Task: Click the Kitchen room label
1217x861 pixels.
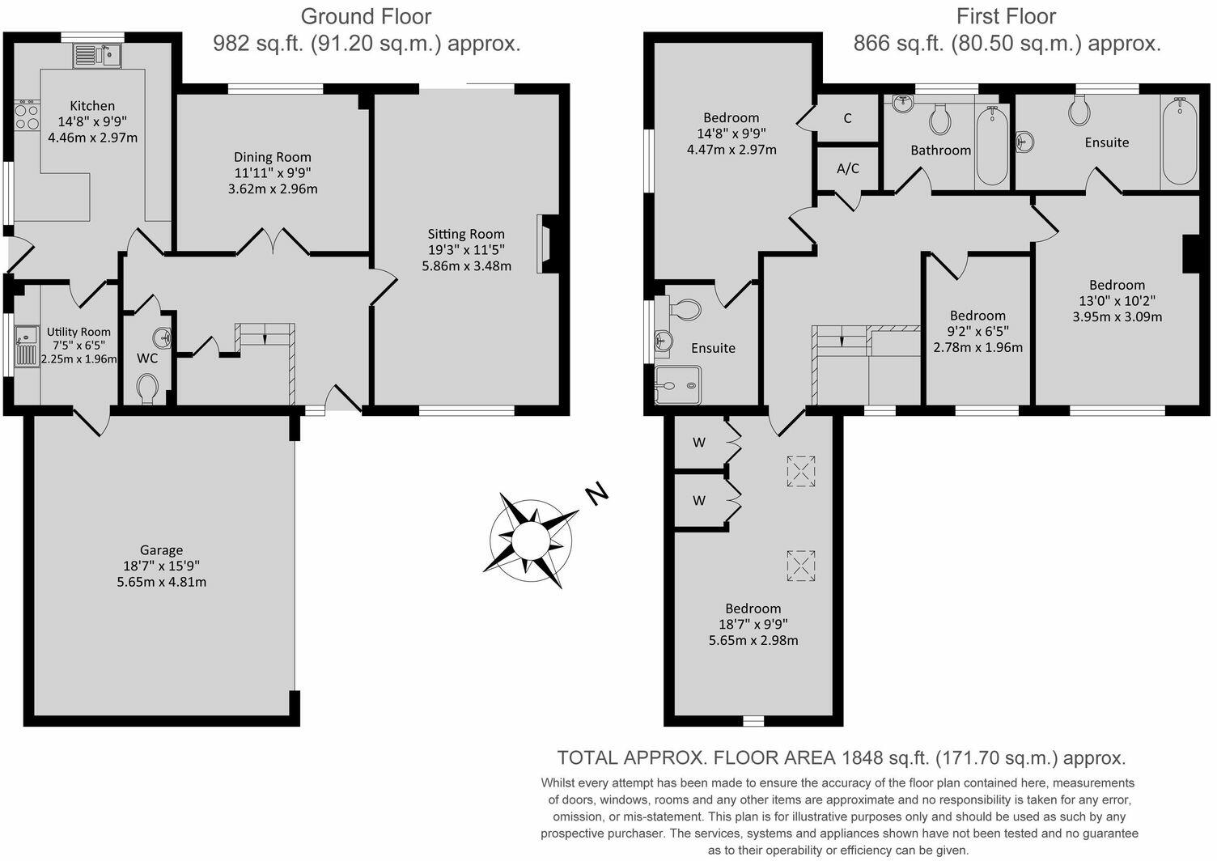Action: coord(92,106)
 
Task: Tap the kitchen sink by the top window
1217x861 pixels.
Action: coord(97,55)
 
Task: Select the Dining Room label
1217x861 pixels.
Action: coord(273,157)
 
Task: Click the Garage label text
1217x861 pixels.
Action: coord(161,550)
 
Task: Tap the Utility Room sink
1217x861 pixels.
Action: coord(27,345)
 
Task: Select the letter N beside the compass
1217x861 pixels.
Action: coord(597,493)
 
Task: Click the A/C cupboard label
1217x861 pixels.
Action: coord(847,169)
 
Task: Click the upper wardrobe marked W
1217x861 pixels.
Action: coord(699,442)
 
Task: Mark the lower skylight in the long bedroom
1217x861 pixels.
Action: coord(800,565)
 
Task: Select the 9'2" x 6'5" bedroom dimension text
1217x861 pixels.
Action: coord(978,331)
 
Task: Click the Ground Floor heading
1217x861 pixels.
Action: coord(366,16)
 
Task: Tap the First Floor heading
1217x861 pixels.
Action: coord(1006,16)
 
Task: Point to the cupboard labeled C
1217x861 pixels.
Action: coord(847,118)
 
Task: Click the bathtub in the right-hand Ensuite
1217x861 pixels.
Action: coord(1179,142)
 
